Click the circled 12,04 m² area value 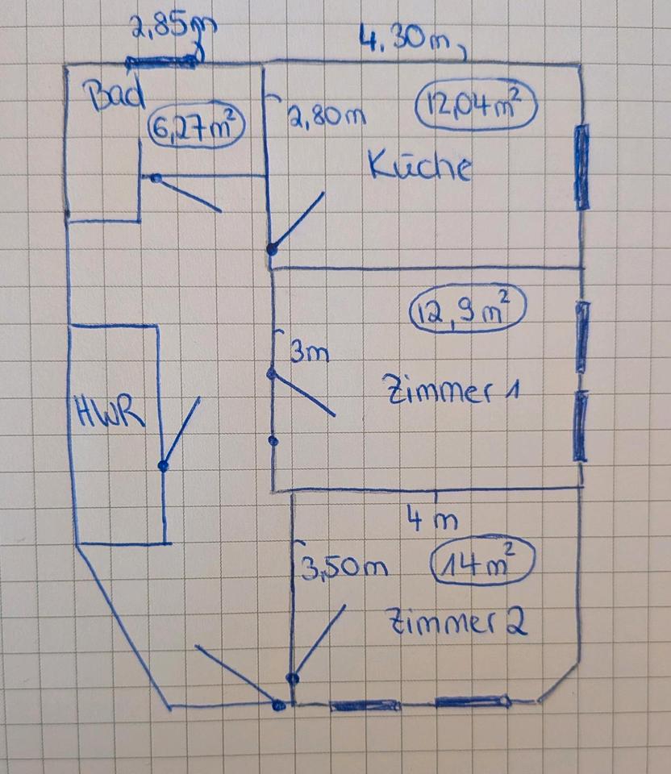[x=476, y=106]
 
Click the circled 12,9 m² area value [x=467, y=311]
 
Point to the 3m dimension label [x=309, y=352]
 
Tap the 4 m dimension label [x=432, y=520]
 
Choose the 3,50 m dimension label [x=344, y=569]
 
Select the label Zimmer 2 [x=458, y=622]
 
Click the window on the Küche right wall [x=581, y=167]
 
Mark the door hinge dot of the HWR [x=164, y=466]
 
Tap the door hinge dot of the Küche [x=272, y=249]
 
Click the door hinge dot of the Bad [x=156, y=178]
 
